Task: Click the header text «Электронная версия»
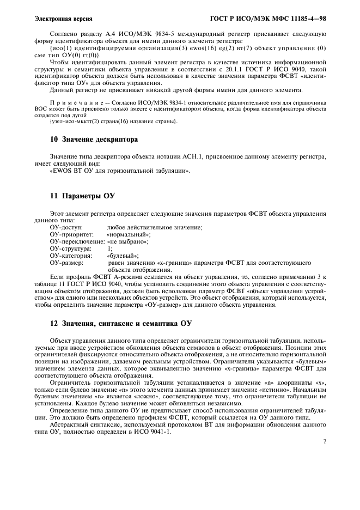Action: [63, 18]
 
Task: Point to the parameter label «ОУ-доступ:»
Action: [65, 227]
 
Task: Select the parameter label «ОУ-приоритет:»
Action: [69, 234]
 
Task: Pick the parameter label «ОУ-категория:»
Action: [70, 255]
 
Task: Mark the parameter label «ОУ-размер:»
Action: [66, 262]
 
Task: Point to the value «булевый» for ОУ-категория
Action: [123, 255]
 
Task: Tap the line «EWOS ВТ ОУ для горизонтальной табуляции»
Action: [120, 171]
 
